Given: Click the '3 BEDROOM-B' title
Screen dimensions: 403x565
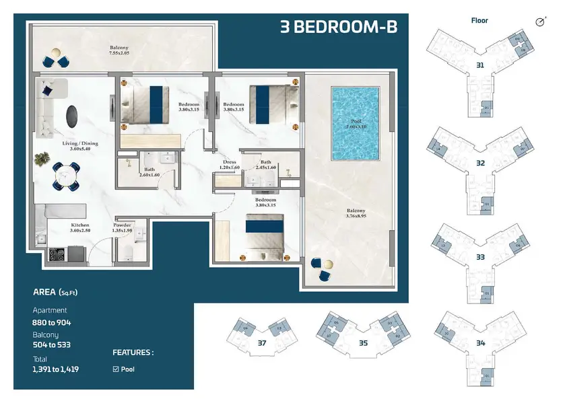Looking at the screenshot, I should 338,28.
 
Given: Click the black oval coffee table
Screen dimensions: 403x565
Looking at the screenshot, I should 71,116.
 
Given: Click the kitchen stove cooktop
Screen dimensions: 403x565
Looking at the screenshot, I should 57,254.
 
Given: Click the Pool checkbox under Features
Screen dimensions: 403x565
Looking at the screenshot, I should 115,369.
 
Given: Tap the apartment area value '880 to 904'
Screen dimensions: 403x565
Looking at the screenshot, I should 52,323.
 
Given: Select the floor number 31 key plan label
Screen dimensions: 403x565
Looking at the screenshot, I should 480,65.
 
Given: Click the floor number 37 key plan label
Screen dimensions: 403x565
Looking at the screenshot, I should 262,343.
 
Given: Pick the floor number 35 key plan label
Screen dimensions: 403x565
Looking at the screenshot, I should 363,343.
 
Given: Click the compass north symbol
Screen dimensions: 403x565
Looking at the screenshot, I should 539,22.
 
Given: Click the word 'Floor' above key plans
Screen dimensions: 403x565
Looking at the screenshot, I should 479,21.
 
